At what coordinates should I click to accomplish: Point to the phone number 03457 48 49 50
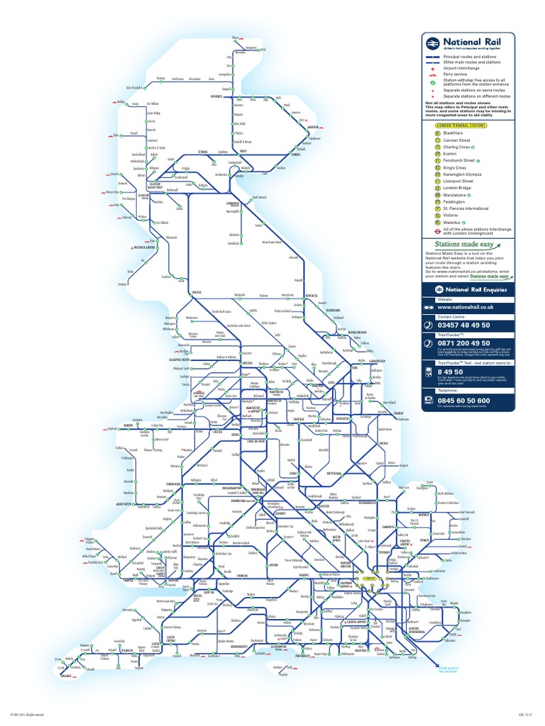pos(469,325)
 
